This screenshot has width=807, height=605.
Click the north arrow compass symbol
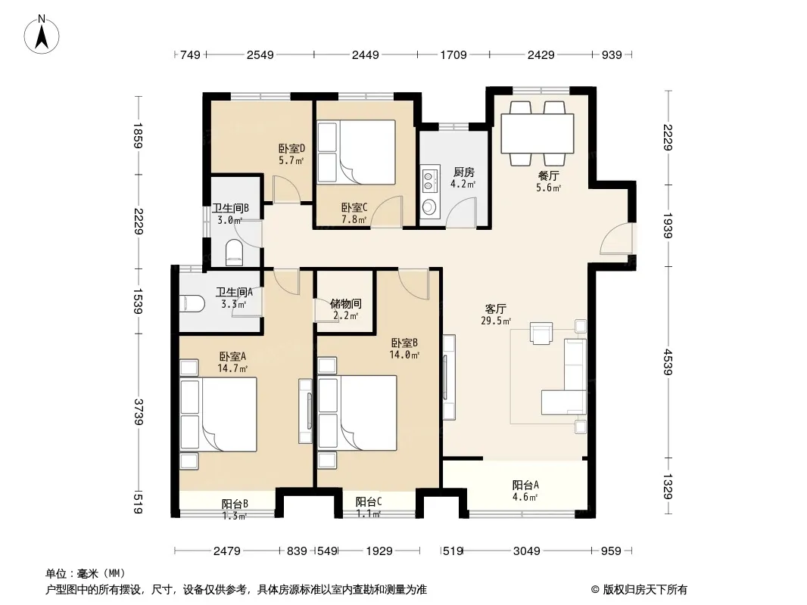tap(42, 35)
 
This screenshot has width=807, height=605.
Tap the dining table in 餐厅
tap(537, 133)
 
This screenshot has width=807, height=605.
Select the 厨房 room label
tap(463, 172)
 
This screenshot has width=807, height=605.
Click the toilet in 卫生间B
tap(234, 253)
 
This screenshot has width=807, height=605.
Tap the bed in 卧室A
tap(218, 414)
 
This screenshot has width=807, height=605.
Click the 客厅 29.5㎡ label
tap(496, 315)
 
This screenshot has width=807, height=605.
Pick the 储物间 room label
tap(345, 304)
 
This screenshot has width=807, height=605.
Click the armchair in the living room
tap(541, 333)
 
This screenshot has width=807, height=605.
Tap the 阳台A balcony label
tap(525, 485)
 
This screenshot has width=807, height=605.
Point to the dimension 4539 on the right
tap(668, 362)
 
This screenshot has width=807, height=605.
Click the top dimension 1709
tap(453, 54)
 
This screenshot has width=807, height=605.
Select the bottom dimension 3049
tap(526, 551)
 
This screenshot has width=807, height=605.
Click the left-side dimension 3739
tap(138, 411)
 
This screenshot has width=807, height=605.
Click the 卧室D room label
tap(291, 148)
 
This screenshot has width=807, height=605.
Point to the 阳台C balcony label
tap(369, 501)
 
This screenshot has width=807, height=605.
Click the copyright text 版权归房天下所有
tap(645, 590)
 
